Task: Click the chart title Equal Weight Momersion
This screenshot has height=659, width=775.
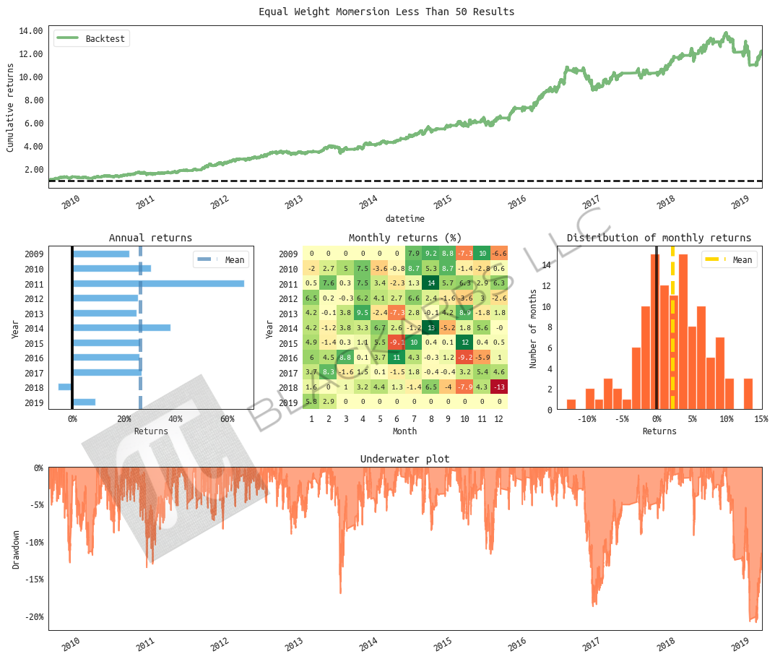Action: [386, 12]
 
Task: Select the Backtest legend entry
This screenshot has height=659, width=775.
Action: [105, 39]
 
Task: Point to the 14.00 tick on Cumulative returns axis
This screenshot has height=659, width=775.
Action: [32, 31]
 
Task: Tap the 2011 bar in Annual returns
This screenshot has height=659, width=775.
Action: [158, 283]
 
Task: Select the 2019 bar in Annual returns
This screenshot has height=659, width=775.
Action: [84, 402]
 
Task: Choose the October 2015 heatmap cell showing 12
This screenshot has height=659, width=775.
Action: [464, 343]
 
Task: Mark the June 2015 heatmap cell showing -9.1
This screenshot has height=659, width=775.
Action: [397, 343]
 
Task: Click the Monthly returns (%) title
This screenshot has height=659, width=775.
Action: [405, 238]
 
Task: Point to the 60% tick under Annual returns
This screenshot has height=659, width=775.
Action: [227, 419]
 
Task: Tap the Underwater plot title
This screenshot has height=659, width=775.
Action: [404, 459]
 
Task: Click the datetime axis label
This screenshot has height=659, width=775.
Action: [404, 218]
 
